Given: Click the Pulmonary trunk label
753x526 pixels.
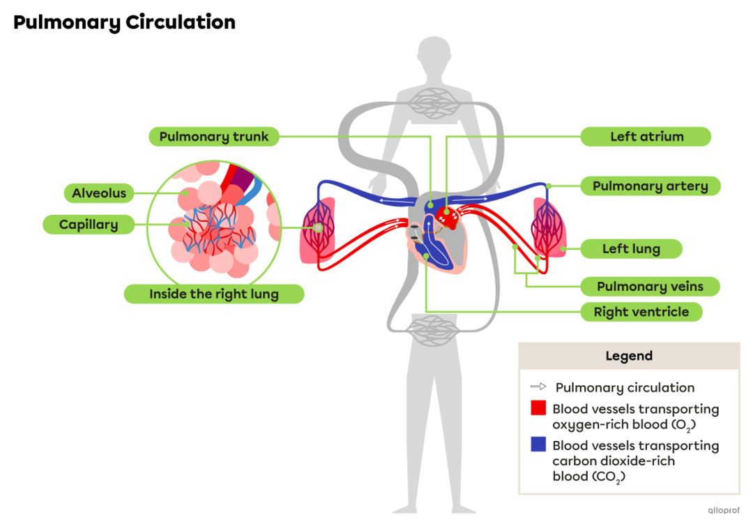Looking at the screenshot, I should tap(213, 137).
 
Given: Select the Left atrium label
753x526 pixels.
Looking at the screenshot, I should tap(646, 137).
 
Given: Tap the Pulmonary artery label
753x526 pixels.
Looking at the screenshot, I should tap(650, 186).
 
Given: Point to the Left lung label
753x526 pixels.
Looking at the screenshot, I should tap(631, 249).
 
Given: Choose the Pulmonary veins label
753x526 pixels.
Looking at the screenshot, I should tap(650, 287).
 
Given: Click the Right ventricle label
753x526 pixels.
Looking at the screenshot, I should tap(641, 312).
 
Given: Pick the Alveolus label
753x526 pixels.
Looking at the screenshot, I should tap(99, 193).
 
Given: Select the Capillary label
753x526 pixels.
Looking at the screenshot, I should tap(89, 225).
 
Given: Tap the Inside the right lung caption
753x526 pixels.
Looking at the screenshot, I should tap(213, 294).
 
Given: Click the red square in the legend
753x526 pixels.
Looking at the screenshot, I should tap(538, 409).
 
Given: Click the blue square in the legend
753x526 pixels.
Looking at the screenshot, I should tap(538, 445).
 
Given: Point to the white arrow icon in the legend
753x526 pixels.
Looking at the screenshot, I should tap(538, 386).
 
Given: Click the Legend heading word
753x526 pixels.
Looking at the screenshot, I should tap(629, 356).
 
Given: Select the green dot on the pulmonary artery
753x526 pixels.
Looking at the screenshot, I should tap(549, 186).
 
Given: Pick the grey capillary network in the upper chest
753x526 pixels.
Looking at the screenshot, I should tap(434, 102).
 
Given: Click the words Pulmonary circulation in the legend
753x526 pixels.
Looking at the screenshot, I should tap(625, 388).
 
